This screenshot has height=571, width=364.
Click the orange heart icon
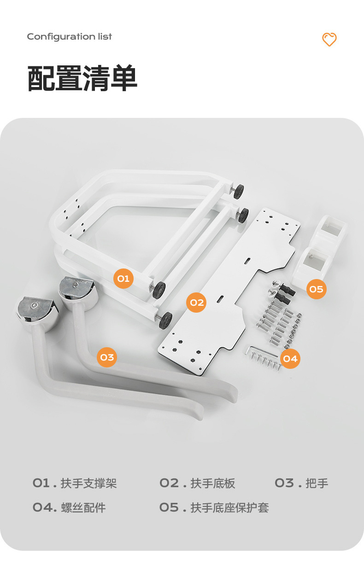click(x=329, y=40)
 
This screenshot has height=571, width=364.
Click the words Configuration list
click(x=69, y=37)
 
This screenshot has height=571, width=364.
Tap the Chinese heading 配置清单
click(x=82, y=79)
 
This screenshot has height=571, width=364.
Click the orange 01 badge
click(x=123, y=279)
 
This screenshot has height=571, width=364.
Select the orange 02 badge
click(x=196, y=303)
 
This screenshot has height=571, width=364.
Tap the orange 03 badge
click(x=107, y=357)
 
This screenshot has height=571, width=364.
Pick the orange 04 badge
click(x=290, y=358)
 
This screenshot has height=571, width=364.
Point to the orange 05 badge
click(x=316, y=289)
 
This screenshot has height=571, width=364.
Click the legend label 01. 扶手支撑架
click(x=75, y=483)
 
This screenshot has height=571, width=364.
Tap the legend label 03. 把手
click(x=301, y=483)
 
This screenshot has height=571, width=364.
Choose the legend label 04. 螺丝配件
click(x=69, y=507)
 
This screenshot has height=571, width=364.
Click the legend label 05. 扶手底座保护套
click(x=214, y=507)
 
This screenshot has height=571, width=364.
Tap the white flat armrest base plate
click(x=230, y=295)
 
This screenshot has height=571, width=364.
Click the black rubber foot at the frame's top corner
click(x=238, y=191)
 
